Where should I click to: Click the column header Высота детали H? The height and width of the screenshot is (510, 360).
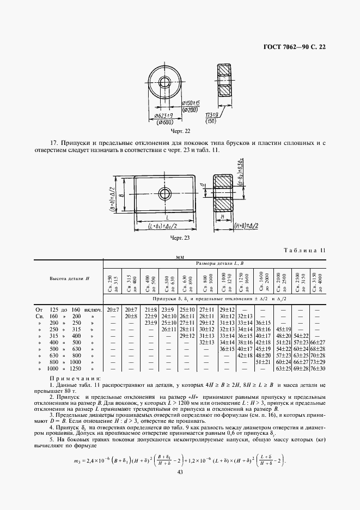point(69,278)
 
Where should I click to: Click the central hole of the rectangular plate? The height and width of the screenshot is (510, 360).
point(164,193)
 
